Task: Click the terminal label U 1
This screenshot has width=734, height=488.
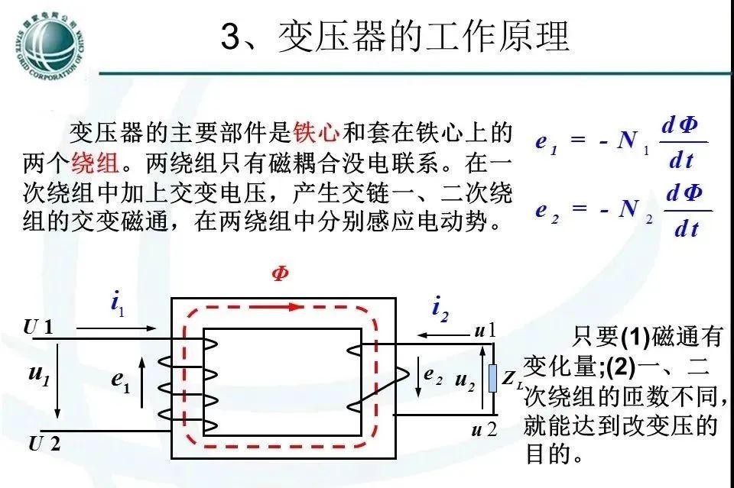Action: [39, 328]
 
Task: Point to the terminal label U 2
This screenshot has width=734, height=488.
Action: [44, 443]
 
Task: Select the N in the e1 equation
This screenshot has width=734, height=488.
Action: [629, 141]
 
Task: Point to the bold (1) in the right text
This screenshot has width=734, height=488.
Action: [635, 336]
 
